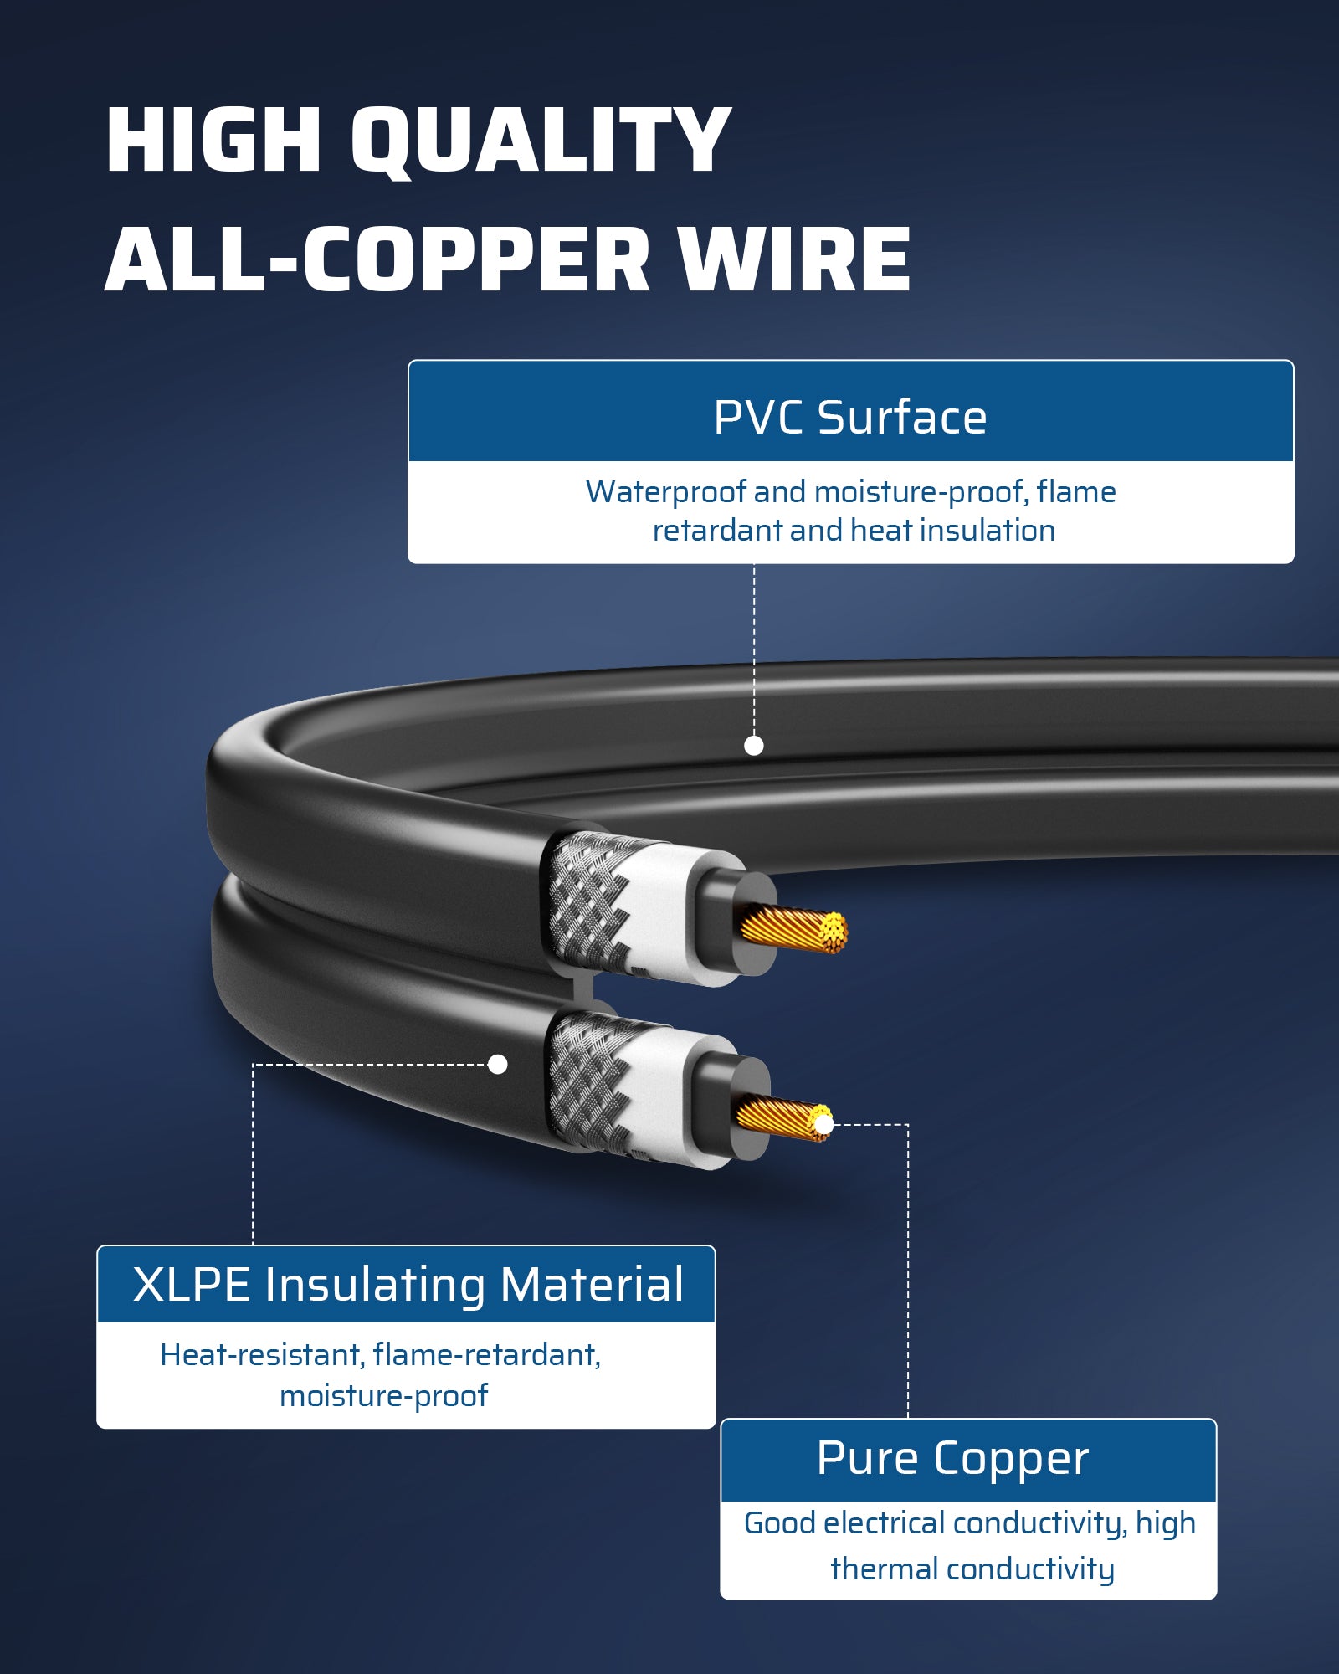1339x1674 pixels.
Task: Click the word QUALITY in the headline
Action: [x=540, y=141]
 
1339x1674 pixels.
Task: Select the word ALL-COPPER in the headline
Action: [x=377, y=260]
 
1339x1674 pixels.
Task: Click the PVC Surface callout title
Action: [x=850, y=417]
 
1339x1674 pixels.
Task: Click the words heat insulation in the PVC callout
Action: [x=953, y=531]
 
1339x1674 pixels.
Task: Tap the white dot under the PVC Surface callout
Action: [x=754, y=746]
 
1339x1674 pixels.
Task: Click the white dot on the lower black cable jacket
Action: [x=498, y=1064]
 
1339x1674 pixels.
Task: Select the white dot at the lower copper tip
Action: [x=823, y=1124]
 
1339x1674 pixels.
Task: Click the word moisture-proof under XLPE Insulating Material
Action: [x=383, y=1395]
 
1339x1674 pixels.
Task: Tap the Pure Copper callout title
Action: [x=952, y=1459]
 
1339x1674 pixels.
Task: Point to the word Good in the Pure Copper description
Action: [x=779, y=1523]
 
